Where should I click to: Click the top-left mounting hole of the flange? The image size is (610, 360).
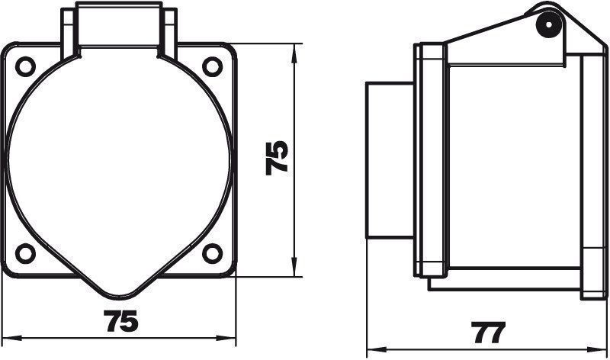(x=25, y=66)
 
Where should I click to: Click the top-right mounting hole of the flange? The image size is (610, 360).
(x=213, y=66)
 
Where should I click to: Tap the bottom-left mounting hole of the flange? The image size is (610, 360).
(x=25, y=253)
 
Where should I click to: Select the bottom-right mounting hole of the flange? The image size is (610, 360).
(x=213, y=253)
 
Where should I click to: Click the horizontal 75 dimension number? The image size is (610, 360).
(x=121, y=321)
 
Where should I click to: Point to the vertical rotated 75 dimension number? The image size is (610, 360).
(x=277, y=158)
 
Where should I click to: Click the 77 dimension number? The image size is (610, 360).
(x=488, y=333)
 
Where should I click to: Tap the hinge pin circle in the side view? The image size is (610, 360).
(x=549, y=25)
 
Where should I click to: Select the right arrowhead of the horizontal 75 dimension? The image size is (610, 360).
(x=226, y=338)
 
